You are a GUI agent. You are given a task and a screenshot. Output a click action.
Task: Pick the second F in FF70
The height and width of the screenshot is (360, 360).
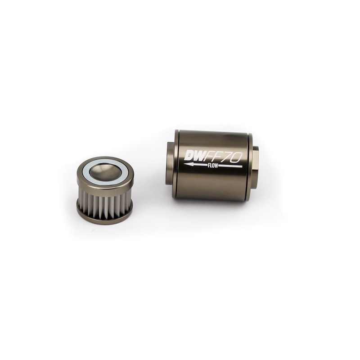click(222, 157)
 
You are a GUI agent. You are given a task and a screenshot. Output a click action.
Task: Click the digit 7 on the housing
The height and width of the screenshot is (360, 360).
click(230, 157)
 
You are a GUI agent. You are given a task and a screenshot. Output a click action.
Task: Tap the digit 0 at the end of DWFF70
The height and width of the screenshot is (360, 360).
click(238, 157)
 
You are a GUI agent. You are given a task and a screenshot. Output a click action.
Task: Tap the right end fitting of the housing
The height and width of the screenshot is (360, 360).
click(255, 167)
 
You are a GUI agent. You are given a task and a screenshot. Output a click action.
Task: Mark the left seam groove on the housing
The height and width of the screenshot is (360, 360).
click(177, 164)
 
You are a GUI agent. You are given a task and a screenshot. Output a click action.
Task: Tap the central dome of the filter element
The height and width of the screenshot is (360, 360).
click(105, 171)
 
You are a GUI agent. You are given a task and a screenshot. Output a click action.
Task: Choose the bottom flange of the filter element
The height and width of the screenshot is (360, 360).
click(104, 216)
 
